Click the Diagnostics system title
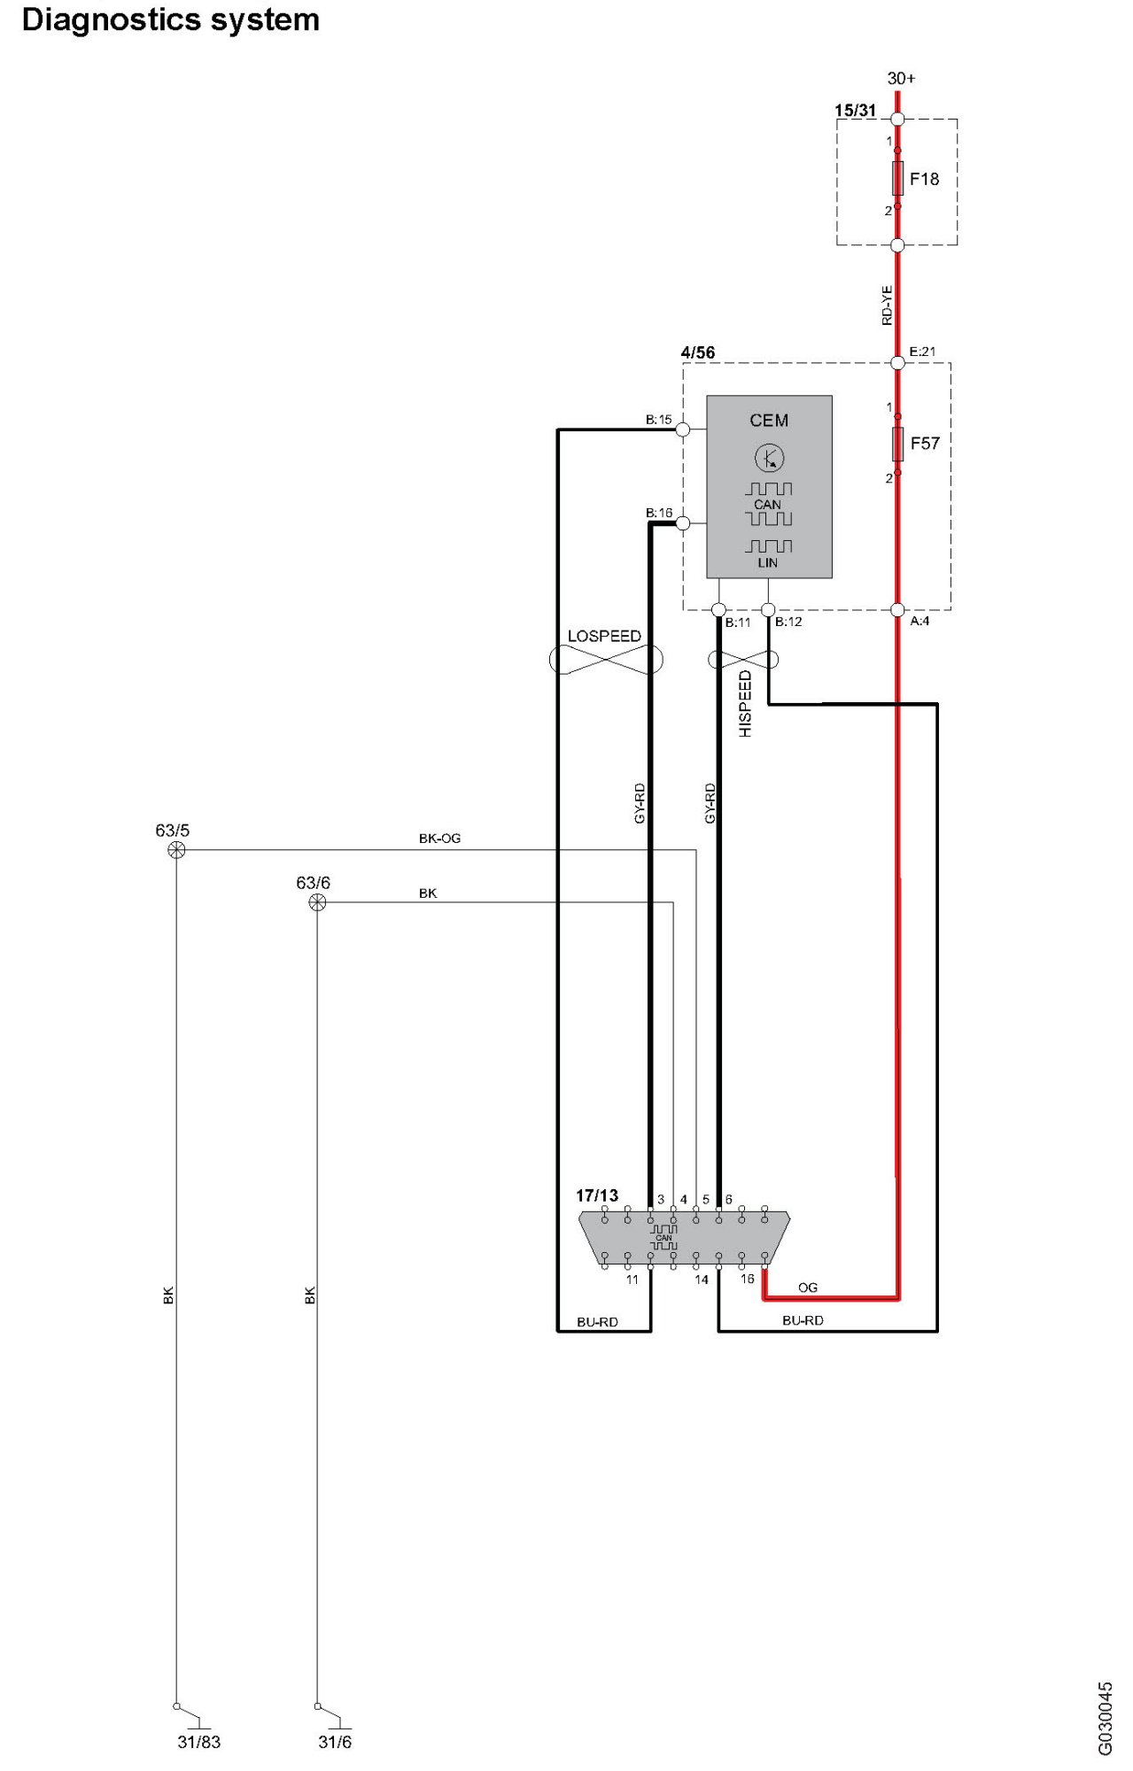point(170,19)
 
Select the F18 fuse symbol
point(897,178)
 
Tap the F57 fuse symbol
point(897,444)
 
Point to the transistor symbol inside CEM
point(769,458)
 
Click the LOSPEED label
point(604,636)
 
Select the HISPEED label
point(745,703)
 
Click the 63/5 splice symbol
point(176,850)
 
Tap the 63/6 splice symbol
point(317,902)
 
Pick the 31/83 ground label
point(198,1742)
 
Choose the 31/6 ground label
point(335,1742)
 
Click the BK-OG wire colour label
point(439,838)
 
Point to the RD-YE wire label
point(887,305)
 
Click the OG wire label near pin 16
point(807,1288)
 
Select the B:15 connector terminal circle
point(683,429)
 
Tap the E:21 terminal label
point(922,352)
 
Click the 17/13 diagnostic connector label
point(597,1195)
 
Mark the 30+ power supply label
point(901,79)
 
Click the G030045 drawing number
point(1105,1718)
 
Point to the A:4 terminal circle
point(897,609)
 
